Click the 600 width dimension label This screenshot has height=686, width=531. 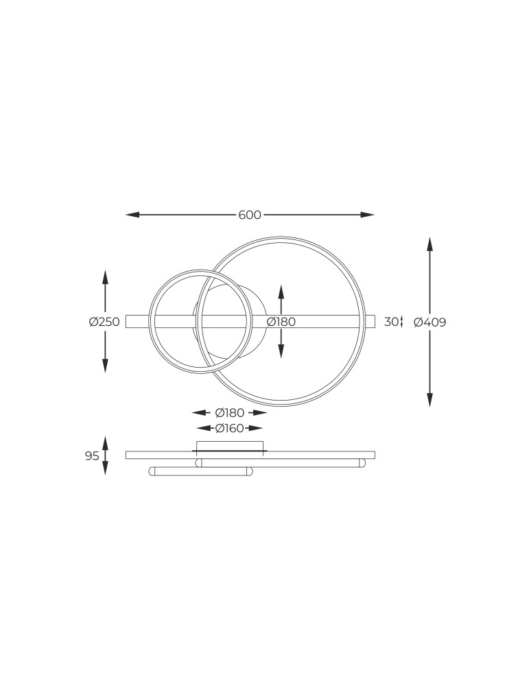pyautogui.click(x=250, y=215)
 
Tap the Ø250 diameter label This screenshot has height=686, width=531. pyautogui.click(x=104, y=322)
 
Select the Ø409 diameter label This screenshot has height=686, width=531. pyautogui.click(x=430, y=322)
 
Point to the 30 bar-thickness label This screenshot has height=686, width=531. pyautogui.click(x=392, y=322)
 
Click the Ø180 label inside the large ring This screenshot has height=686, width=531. pyautogui.click(x=281, y=322)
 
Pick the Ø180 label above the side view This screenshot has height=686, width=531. pyautogui.click(x=230, y=412)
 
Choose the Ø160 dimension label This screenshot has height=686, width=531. pyautogui.click(x=230, y=428)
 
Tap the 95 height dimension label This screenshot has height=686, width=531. pyautogui.click(x=92, y=456)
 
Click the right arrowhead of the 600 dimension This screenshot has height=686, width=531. pyautogui.click(x=368, y=215)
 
